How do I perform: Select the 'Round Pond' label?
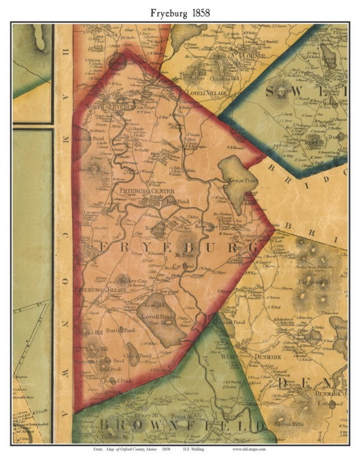tap(120, 380)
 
